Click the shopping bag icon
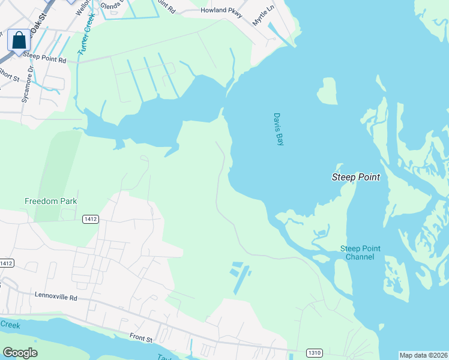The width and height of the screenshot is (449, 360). (x=19, y=41)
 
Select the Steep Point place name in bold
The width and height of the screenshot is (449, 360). (x=355, y=177)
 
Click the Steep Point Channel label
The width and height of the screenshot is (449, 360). (x=360, y=253)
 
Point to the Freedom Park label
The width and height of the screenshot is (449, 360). (x=51, y=201)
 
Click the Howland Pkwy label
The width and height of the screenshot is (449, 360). (x=221, y=11)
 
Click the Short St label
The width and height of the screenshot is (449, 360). (x=9, y=74)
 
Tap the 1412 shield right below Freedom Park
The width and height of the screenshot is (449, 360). (x=90, y=220)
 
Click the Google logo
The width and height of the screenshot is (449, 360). (x=20, y=352)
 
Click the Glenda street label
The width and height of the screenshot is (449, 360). (x=112, y=5)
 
